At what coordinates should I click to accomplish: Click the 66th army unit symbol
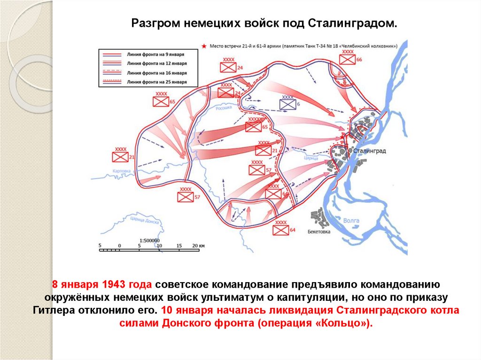[x=348, y=60]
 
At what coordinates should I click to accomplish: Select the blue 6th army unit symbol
[x=287, y=105]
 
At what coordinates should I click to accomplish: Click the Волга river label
[x=351, y=220]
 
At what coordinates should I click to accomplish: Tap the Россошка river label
[x=223, y=107]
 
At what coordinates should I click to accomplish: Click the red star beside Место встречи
[x=203, y=46]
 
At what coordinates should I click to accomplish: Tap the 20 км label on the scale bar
[x=199, y=245]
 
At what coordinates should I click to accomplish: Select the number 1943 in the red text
[x=112, y=285]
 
